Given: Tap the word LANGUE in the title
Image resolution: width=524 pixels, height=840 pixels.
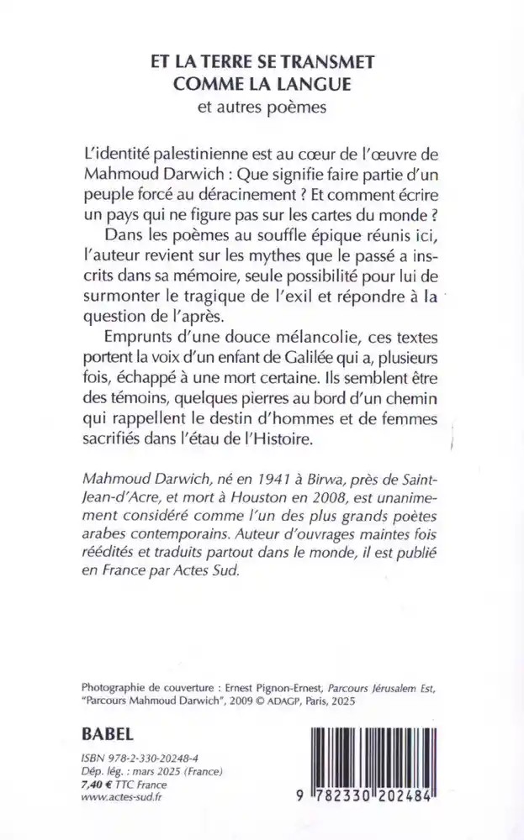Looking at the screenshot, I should pyautogui.click(x=312, y=85).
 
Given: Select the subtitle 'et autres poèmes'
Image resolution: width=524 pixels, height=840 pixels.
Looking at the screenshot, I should pyautogui.click(x=262, y=108).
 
